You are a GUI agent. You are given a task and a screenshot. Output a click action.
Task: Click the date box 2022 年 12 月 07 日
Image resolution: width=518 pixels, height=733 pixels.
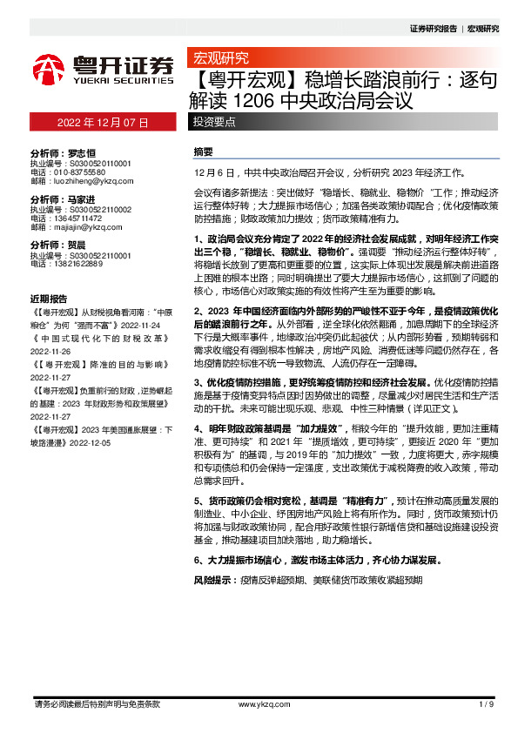[104, 122]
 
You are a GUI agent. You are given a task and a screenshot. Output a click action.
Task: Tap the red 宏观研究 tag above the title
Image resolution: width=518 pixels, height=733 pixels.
[220, 58]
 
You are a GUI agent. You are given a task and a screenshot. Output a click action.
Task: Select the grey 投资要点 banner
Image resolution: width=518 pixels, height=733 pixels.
[214, 122]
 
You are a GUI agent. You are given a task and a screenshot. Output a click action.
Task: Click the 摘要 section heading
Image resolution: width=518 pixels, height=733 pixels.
[203, 151]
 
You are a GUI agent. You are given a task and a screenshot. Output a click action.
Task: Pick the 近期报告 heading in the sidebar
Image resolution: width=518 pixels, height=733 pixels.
[47, 298]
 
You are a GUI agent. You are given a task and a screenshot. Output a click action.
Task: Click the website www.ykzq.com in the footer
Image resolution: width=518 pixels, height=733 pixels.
[257, 703]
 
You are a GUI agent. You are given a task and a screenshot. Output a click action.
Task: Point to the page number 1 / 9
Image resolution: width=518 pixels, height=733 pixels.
[487, 703]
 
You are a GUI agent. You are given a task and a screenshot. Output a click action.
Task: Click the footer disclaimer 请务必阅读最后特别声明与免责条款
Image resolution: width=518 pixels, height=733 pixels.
[96, 703]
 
